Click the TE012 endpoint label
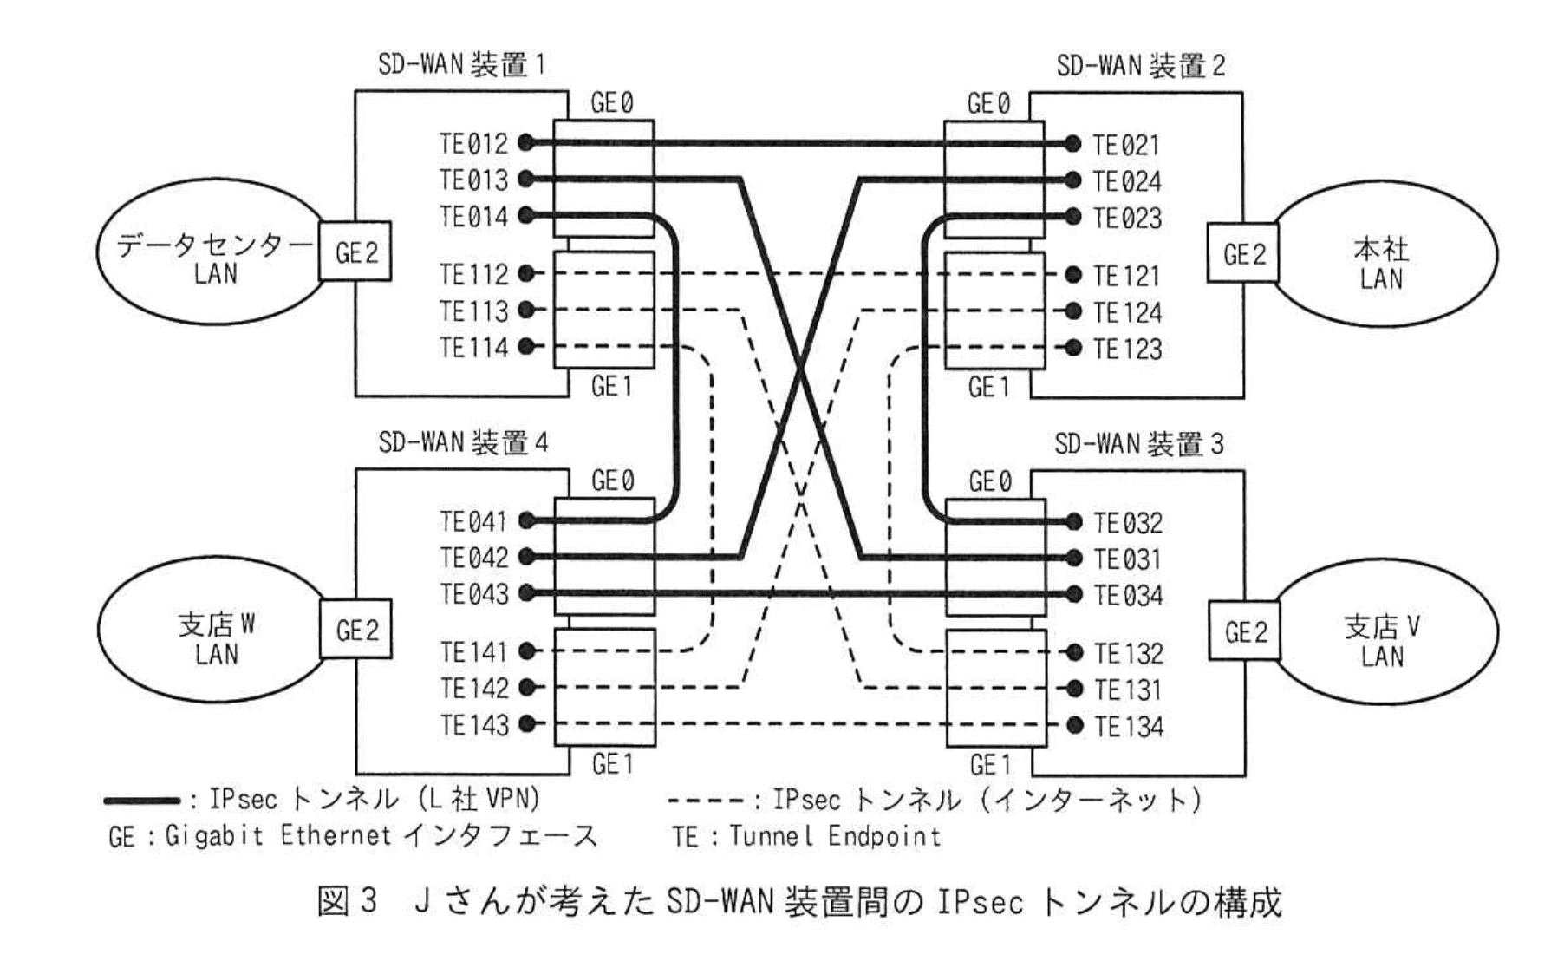473,143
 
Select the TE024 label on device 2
1126,181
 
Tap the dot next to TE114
525,347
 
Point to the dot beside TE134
1075,725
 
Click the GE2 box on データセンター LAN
355,252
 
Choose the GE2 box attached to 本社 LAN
1243,254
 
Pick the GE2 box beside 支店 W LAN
356,630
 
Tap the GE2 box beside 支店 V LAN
1245,631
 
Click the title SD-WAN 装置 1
461,65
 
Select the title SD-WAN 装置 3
1138,444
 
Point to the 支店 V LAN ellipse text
1381,641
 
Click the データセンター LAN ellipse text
214,259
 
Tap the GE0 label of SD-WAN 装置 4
612,480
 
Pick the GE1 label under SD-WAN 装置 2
988,387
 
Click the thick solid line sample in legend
141,801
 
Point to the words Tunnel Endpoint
834,836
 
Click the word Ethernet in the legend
335,835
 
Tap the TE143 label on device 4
474,725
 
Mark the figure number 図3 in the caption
348,902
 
